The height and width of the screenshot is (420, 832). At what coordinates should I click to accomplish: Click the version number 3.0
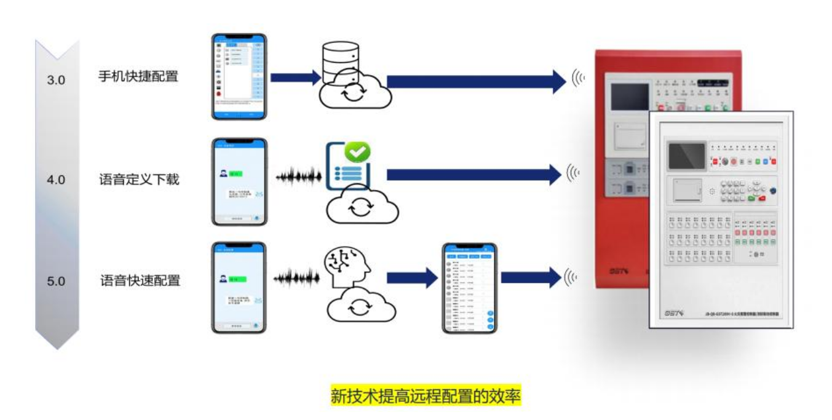pyautogui.click(x=56, y=80)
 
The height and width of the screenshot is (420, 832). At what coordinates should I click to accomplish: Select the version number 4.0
pyautogui.click(x=56, y=181)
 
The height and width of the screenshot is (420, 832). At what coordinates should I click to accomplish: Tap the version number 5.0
pyautogui.click(x=56, y=282)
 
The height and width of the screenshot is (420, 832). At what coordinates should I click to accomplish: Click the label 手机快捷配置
pyautogui.click(x=138, y=77)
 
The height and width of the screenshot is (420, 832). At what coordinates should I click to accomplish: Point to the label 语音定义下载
pyautogui.click(x=139, y=180)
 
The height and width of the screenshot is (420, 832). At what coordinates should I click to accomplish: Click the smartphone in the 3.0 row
pyautogui.click(x=239, y=76)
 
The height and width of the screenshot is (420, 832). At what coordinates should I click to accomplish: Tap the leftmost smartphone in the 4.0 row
pyautogui.click(x=240, y=181)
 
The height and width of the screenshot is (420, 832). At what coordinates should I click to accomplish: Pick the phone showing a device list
pyautogui.click(x=469, y=288)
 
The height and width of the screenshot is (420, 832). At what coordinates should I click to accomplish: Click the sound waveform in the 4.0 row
pyautogui.click(x=298, y=178)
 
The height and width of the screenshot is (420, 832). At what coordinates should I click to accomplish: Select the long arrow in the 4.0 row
pyautogui.click(x=473, y=175)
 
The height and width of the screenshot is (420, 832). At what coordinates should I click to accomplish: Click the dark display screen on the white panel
pyautogui.click(x=686, y=156)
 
